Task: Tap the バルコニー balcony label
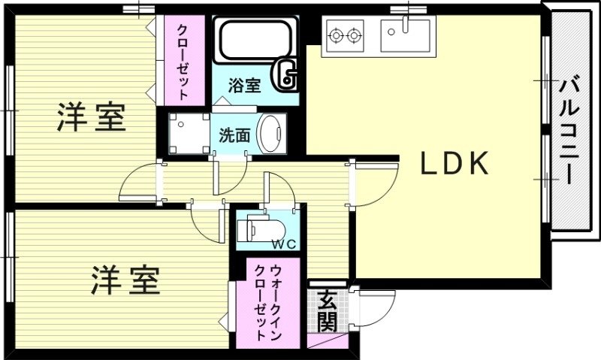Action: coord(569,130)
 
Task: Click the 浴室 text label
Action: coord(246,85)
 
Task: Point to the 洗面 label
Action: coord(234,135)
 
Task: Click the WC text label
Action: coord(283,244)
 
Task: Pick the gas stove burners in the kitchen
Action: coord(345,34)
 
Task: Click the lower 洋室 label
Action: coord(125,280)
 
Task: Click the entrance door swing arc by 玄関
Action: coord(376,308)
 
